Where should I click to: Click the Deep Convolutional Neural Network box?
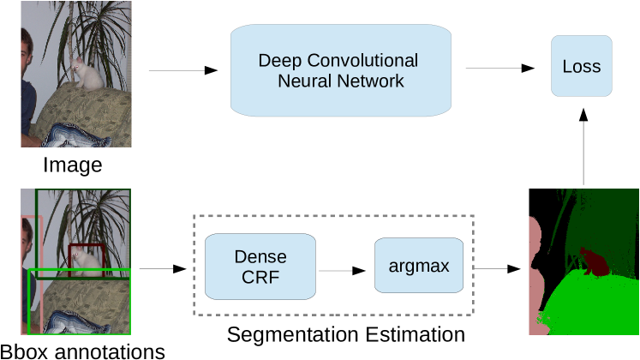[x=340, y=71]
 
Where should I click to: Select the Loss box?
[x=581, y=66]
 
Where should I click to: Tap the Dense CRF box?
[x=260, y=267]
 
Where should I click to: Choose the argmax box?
[x=418, y=266]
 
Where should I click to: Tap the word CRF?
[x=260, y=278]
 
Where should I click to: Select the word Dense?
[x=260, y=257]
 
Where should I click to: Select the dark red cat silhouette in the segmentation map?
[x=592, y=261]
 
